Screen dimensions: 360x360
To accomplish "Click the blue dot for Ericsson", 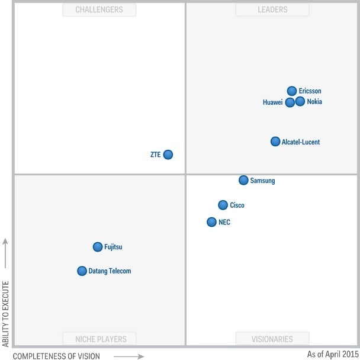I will (x=292, y=91).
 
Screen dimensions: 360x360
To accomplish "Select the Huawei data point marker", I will (x=290, y=102).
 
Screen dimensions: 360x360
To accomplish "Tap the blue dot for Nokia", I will (x=300, y=101).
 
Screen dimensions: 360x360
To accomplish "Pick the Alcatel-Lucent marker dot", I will (x=275, y=142).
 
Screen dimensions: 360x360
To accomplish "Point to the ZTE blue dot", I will (x=168, y=155).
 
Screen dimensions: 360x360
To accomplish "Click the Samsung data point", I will (x=243, y=180).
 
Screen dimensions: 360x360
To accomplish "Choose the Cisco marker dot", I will (x=223, y=205).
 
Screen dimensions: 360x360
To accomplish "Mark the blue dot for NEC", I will (x=211, y=222).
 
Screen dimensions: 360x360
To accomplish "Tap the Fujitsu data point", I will (x=98, y=247).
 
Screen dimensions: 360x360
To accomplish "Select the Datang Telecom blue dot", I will (x=82, y=271).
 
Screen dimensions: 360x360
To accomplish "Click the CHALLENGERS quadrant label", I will (x=99, y=9).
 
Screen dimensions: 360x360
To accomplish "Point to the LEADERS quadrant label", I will (x=272, y=9).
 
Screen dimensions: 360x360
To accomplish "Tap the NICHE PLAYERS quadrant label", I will (x=99, y=339).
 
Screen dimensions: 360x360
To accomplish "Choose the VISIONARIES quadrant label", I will (x=272, y=339).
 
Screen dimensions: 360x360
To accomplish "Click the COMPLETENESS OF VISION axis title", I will (x=56, y=356).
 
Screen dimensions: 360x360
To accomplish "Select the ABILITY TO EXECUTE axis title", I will (x=5, y=314).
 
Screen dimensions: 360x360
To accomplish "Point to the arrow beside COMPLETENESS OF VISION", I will (x=128, y=356).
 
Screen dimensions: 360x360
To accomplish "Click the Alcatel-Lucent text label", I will (x=301, y=142).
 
